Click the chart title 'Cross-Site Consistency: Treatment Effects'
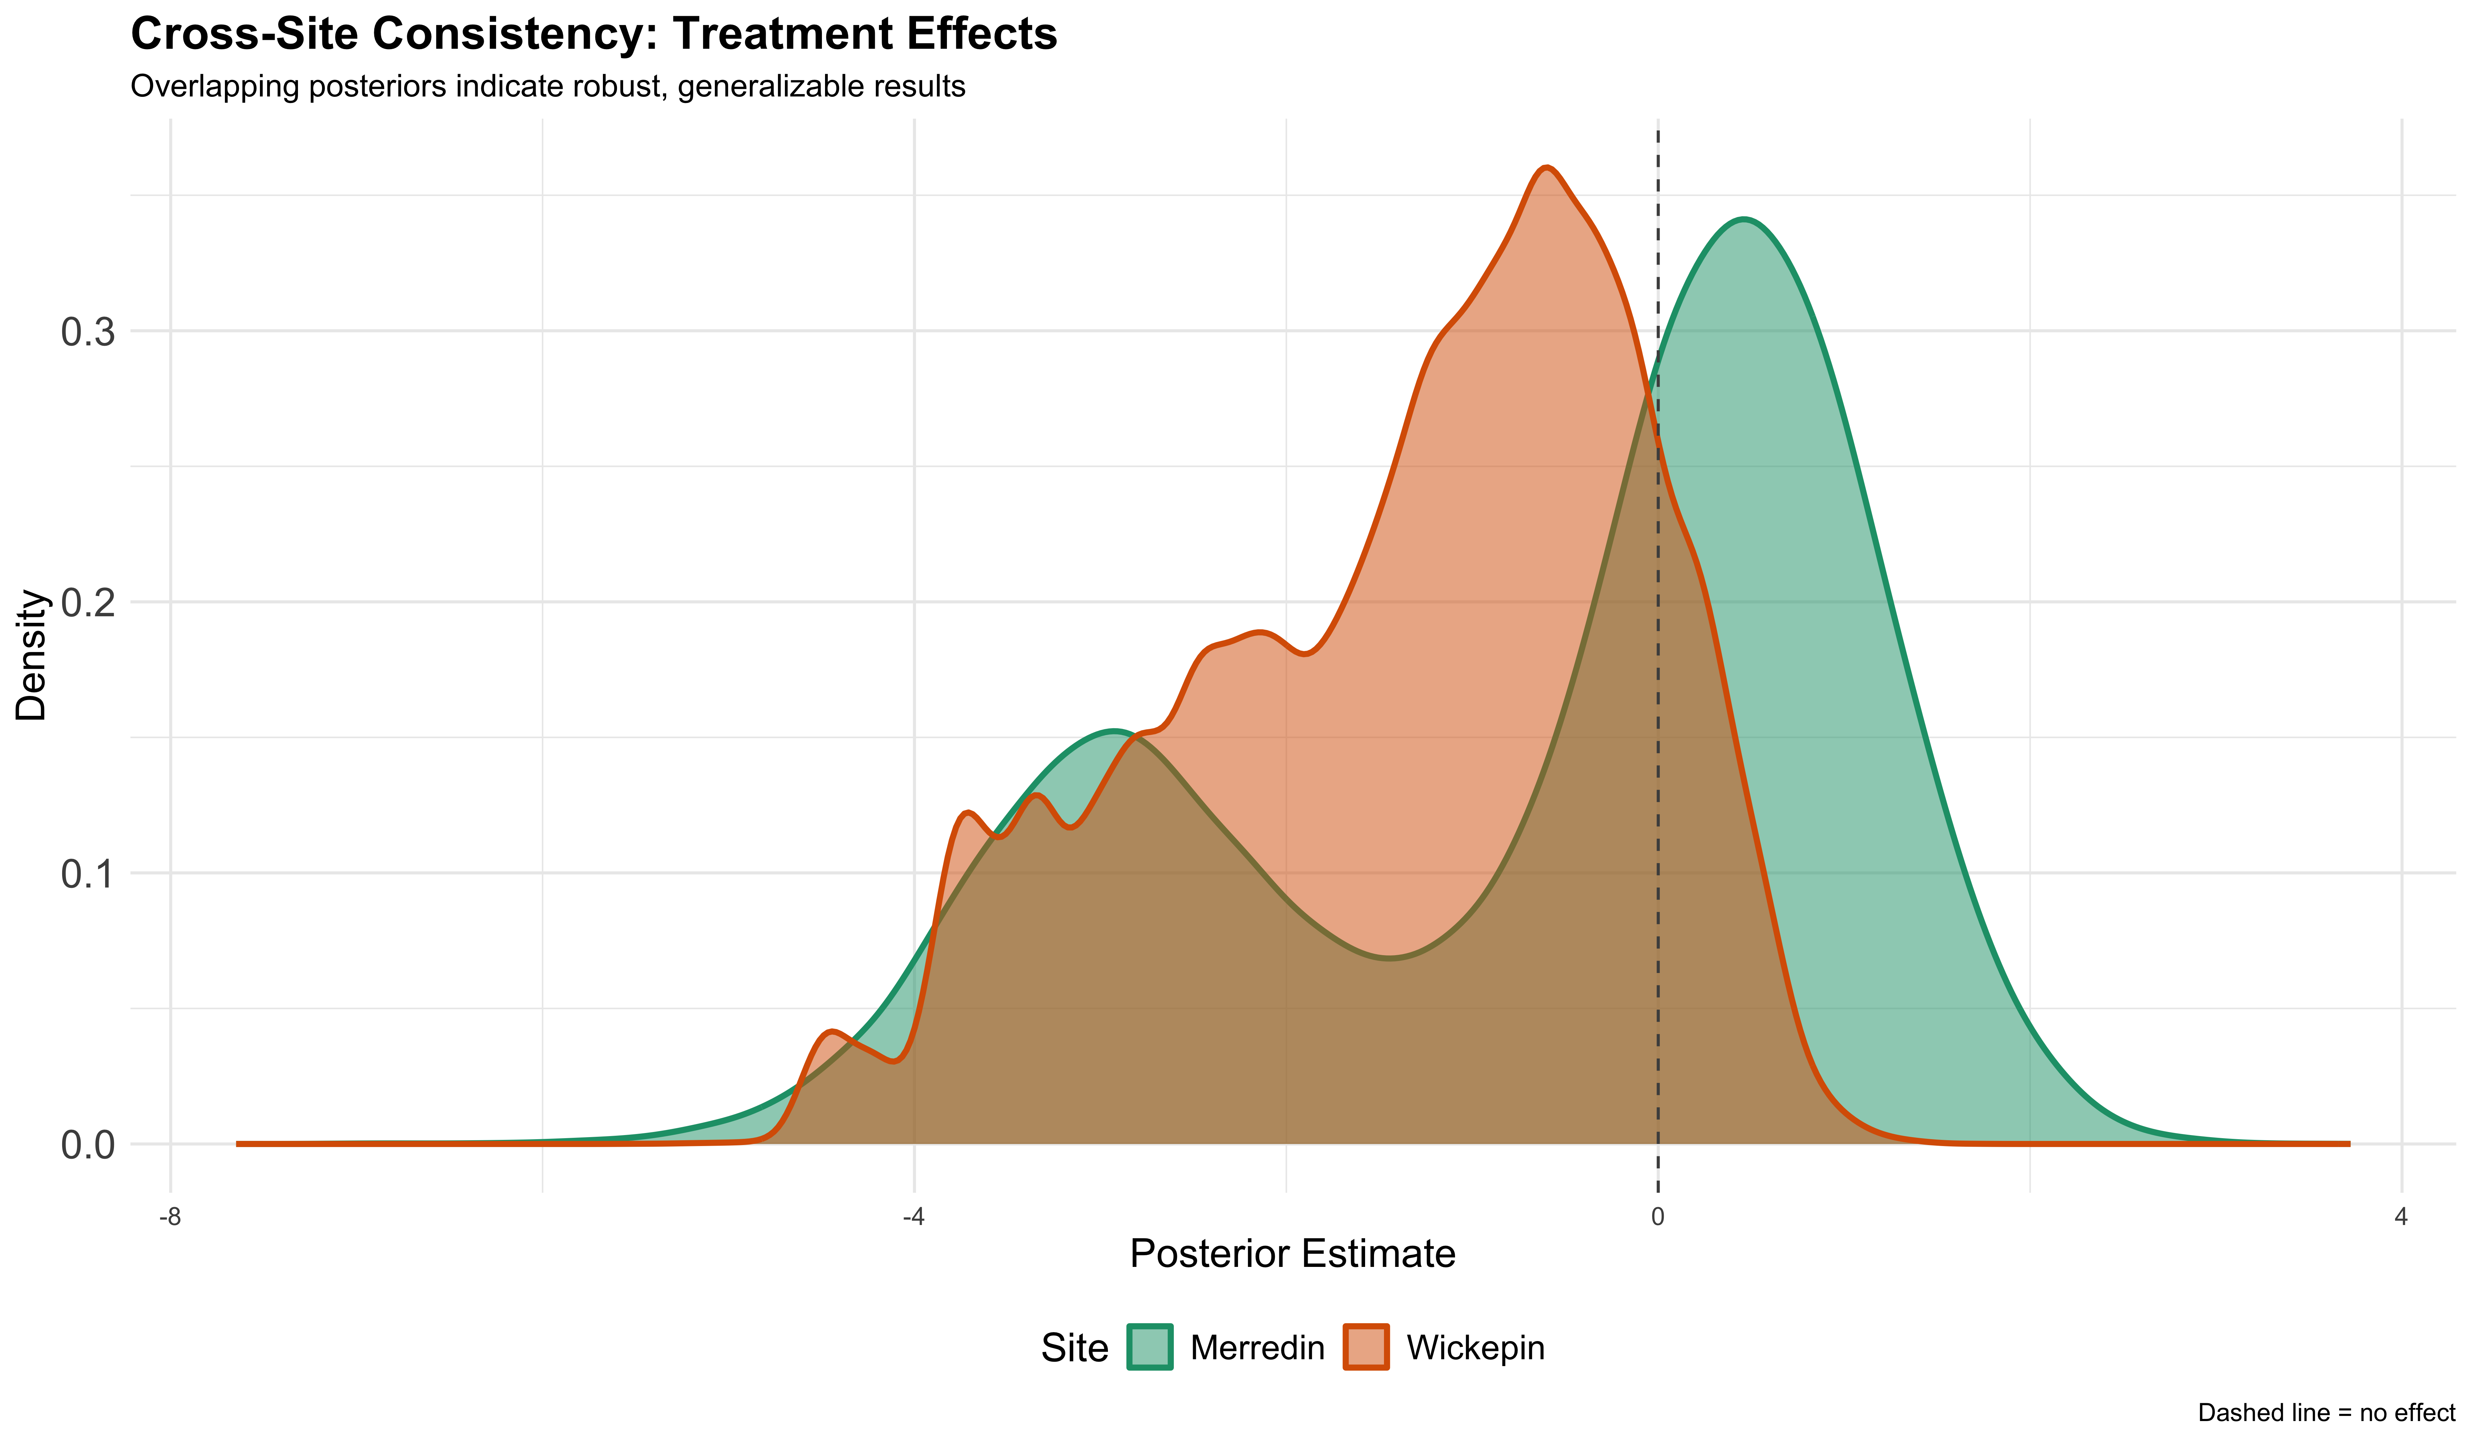pos(594,35)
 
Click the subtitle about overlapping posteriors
pos(547,87)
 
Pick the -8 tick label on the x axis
pos(171,1218)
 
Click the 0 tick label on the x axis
pos(1658,1218)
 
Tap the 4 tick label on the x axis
pos(2400,1218)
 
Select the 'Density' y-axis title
pos(32,655)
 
